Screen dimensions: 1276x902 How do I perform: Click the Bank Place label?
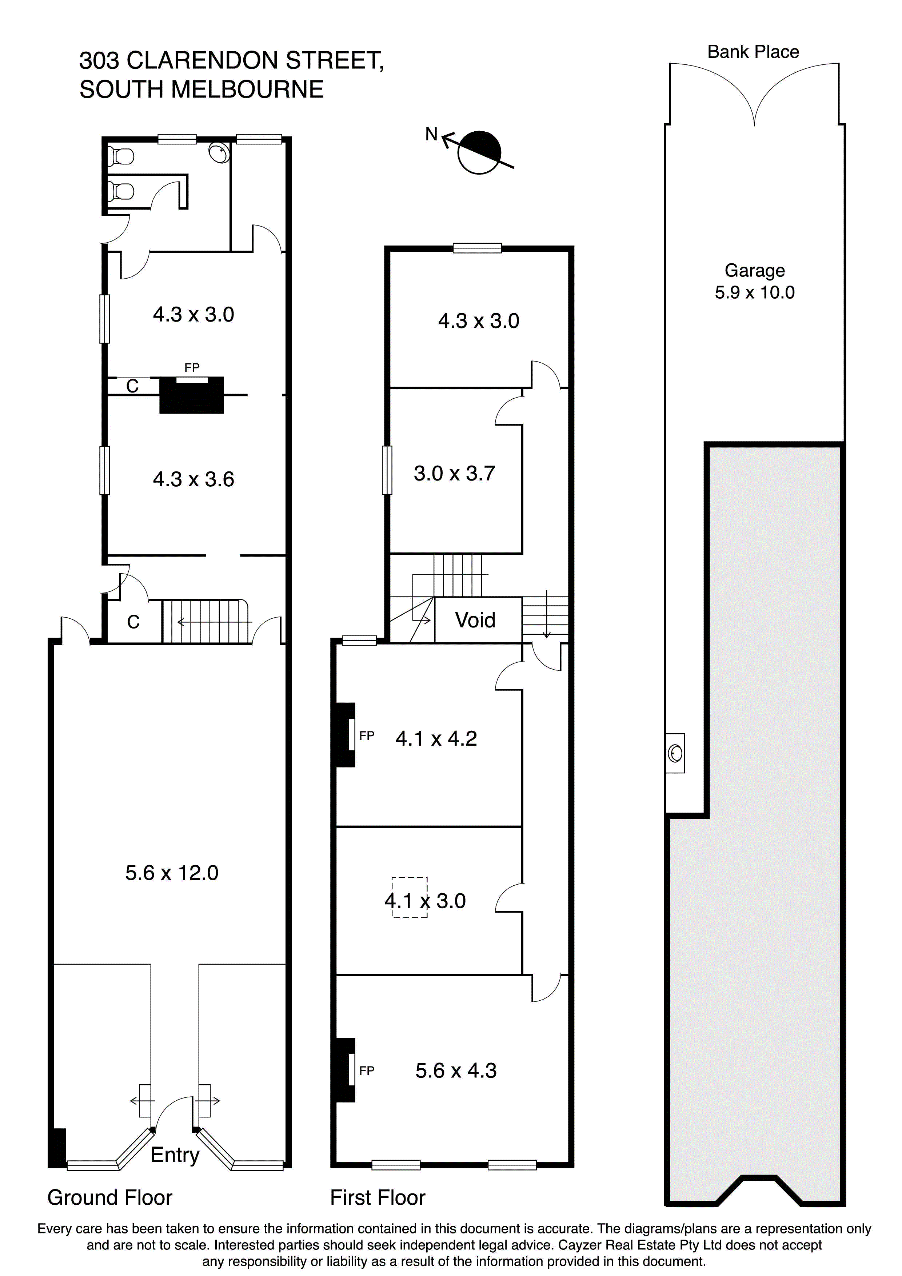[753, 52]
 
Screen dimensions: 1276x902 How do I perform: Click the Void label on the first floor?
[475, 620]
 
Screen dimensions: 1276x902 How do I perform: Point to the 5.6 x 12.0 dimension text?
[172, 873]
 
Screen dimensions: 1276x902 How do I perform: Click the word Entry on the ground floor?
[175, 1155]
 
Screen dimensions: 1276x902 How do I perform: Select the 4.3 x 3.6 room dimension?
[193, 479]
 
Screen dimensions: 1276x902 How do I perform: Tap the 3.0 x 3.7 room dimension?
[454, 474]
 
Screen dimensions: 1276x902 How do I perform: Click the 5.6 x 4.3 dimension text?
[456, 1070]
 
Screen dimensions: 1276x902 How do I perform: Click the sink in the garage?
[676, 753]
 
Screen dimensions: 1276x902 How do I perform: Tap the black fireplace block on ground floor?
[192, 396]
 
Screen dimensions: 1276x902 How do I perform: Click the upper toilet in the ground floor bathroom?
[121, 156]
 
